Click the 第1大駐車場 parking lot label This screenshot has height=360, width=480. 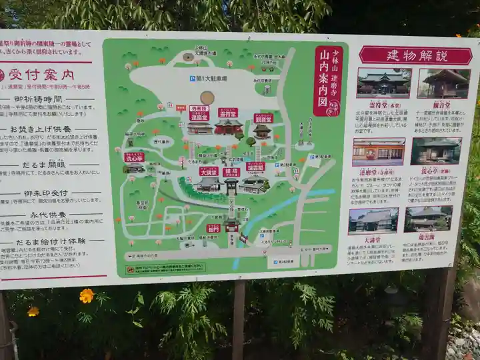pos(207,79)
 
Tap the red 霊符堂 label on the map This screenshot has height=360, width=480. pos(227,113)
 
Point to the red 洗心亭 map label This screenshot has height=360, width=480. pos(134,157)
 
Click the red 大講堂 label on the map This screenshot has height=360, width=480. pos(209,171)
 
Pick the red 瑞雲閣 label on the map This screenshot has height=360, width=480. pos(255,166)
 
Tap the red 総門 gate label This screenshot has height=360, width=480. pos(213,228)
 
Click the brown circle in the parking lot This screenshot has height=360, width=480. pos(207,98)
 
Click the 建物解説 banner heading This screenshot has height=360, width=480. pos(416,55)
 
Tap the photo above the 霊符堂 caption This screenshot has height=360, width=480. pos(383,83)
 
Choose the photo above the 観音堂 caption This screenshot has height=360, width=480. pos(443,83)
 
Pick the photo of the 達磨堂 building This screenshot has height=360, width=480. pos(378,151)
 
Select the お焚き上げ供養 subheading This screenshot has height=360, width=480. pos(47,129)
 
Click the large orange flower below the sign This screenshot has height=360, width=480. pos(86,295)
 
